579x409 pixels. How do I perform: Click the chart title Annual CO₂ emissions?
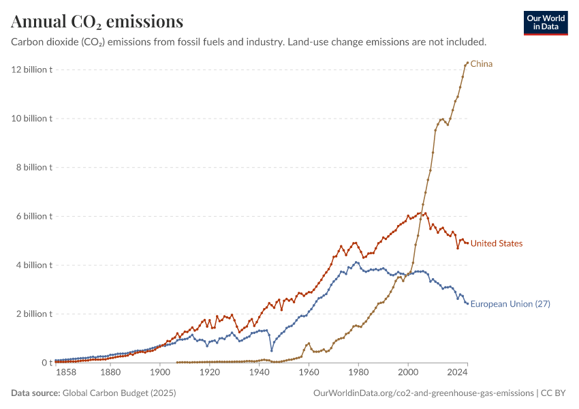tap(97, 22)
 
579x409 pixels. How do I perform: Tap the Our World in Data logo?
tap(546, 22)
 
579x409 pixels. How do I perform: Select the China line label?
tap(481, 64)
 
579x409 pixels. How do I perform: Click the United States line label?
tap(497, 243)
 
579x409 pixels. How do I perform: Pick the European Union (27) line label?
tap(510, 304)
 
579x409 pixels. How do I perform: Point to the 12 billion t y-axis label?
tap(32, 70)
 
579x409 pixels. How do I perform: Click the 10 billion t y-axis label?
tap(32, 119)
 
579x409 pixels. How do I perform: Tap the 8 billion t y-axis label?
tap(34, 168)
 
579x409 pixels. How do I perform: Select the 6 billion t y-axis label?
tap(34, 217)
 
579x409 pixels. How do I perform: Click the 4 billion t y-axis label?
tap(34, 265)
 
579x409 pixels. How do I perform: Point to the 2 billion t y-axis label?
tap(34, 314)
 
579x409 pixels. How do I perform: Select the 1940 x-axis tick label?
tap(259, 373)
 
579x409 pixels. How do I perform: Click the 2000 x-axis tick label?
tap(408, 373)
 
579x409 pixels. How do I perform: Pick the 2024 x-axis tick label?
tap(457, 373)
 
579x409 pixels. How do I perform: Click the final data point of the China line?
tap(467, 63)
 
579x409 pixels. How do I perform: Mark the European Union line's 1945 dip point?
tap(272, 351)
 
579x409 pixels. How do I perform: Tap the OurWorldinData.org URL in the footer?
tap(423, 393)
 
